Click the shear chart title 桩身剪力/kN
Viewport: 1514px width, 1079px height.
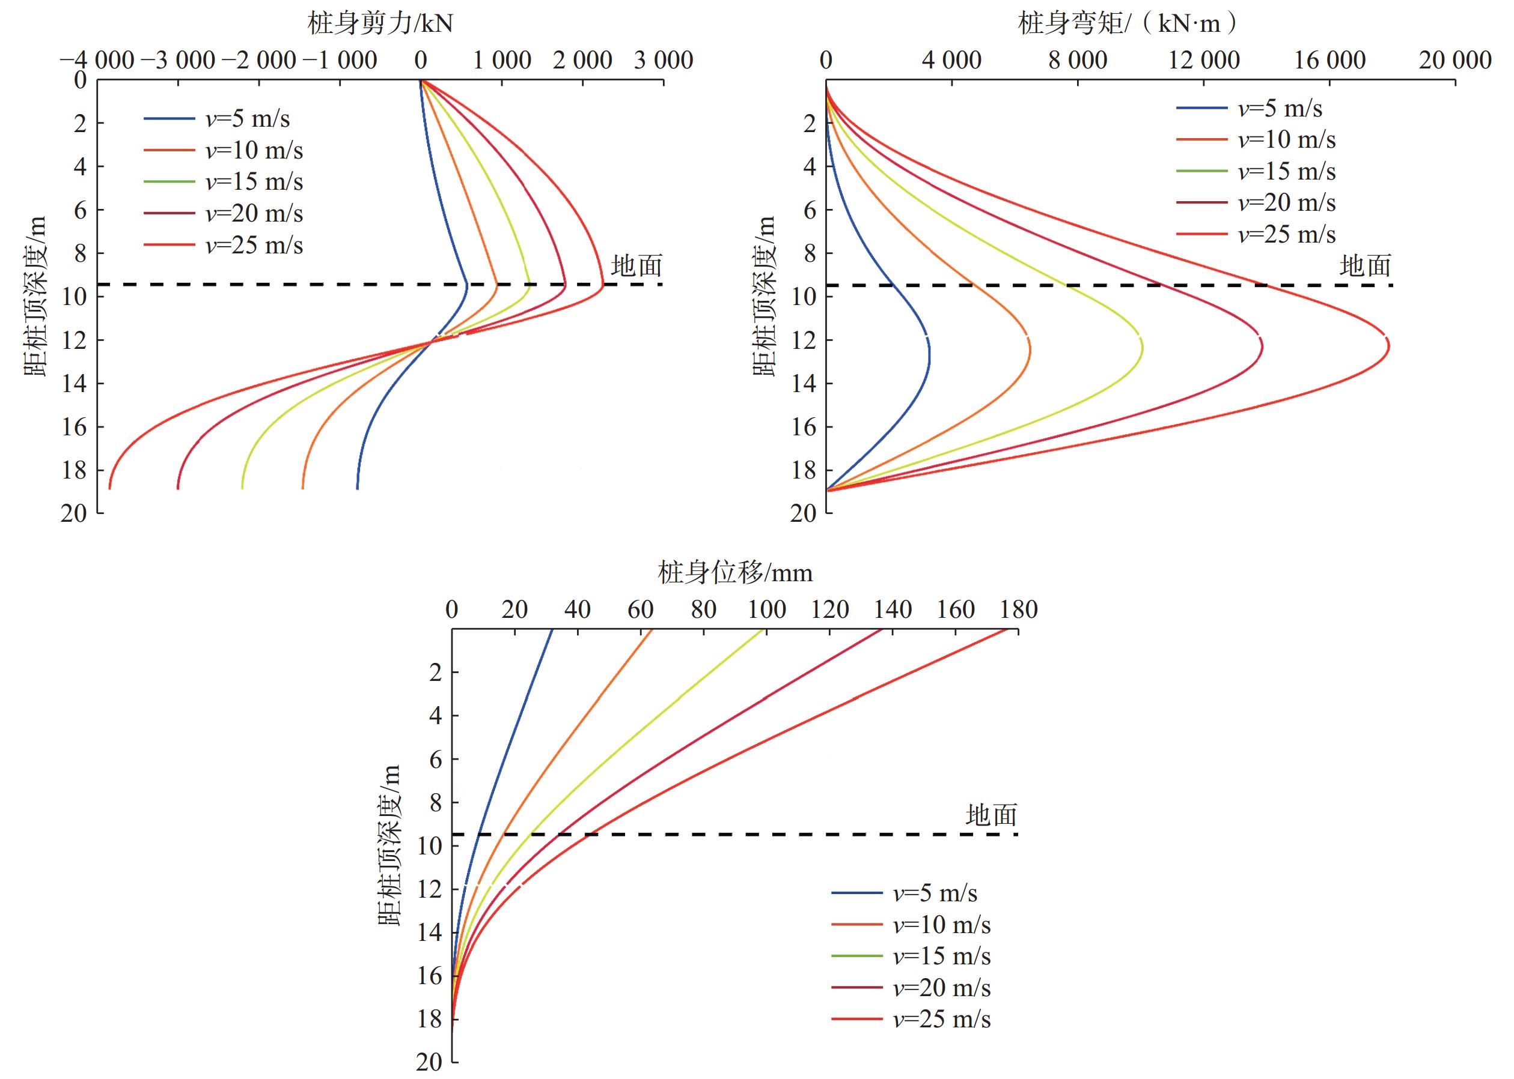pos(380,25)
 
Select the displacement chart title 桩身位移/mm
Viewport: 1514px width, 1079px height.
pos(734,573)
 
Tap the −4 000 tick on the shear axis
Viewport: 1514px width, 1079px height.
pos(96,61)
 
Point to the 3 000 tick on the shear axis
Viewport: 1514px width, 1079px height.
pos(663,61)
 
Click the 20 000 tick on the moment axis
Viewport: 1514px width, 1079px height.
pos(1455,61)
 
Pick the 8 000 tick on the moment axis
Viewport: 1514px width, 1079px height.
pos(1077,61)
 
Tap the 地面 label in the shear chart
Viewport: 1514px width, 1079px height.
pos(636,267)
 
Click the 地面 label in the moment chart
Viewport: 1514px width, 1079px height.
pos(1364,267)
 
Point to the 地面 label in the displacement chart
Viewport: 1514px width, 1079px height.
pos(991,815)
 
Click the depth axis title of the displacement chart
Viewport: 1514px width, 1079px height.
pos(389,845)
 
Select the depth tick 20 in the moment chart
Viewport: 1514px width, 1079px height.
pos(803,513)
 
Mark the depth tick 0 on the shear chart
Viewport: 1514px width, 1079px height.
pos(80,80)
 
